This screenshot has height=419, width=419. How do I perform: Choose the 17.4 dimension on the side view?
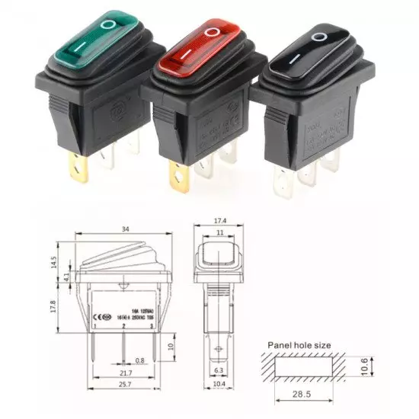point(221,221)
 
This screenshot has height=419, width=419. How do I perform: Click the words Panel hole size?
point(299,345)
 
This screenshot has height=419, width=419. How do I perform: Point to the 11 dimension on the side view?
point(221,233)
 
